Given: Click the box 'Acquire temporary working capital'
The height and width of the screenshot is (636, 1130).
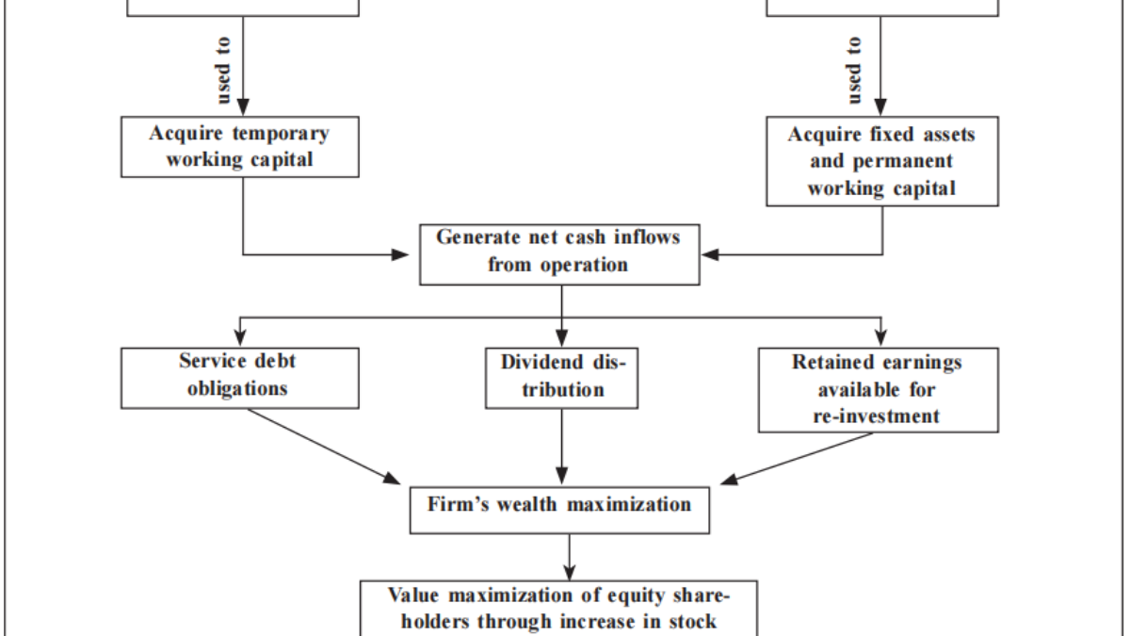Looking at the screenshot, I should pyautogui.click(x=239, y=146).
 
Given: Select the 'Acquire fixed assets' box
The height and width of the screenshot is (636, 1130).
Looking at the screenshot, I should pyautogui.click(x=881, y=161).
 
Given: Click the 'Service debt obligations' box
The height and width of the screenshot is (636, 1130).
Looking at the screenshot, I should pyautogui.click(x=239, y=376).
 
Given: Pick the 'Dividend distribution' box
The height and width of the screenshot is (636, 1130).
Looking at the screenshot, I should pyautogui.click(x=562, y=376).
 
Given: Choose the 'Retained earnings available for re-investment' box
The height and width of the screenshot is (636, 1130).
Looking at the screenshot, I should pyautogui.click(x=878, y=388).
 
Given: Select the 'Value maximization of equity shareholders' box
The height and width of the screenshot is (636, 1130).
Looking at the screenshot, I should pyautogui.click(x=559, y=608).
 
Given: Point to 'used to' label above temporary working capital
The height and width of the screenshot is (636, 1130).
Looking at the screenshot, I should pyautogui.click(x=224, y=71).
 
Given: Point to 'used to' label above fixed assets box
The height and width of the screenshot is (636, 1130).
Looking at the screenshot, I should pyautogui.click(x=854, y=71).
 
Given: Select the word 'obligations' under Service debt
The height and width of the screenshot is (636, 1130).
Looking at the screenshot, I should pyautogui.click(x=239, y=388).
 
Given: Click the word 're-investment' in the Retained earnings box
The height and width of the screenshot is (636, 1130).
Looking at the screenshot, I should pyautogui.click(x=877, y=416).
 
